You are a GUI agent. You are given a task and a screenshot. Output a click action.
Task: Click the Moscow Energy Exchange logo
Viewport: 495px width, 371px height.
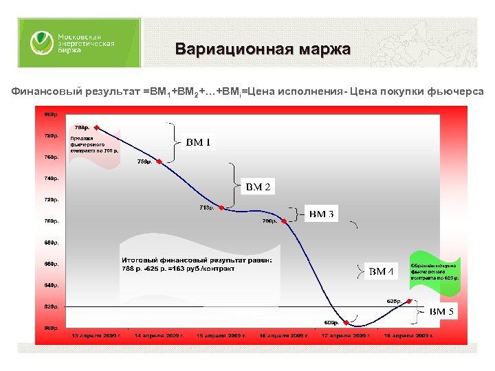[79, 43]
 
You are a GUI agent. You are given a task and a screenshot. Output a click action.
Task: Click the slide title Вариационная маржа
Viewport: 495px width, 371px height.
[263, 50]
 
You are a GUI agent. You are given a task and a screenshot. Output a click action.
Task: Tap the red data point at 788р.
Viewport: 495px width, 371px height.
[97, 127]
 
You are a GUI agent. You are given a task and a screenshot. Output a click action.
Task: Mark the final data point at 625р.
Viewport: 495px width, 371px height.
[410, 301]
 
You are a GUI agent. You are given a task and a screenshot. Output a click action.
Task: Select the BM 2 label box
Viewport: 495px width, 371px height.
[258, 187]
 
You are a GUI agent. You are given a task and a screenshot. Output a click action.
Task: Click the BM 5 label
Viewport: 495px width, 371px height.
[441, 312]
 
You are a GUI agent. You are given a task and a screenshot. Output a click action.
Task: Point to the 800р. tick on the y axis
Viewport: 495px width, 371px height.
[52, 114]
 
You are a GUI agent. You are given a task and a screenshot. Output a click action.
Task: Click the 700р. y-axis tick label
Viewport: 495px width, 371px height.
[52, 221]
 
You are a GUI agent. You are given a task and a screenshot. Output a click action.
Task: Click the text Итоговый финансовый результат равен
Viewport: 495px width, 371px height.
[197, 260]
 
